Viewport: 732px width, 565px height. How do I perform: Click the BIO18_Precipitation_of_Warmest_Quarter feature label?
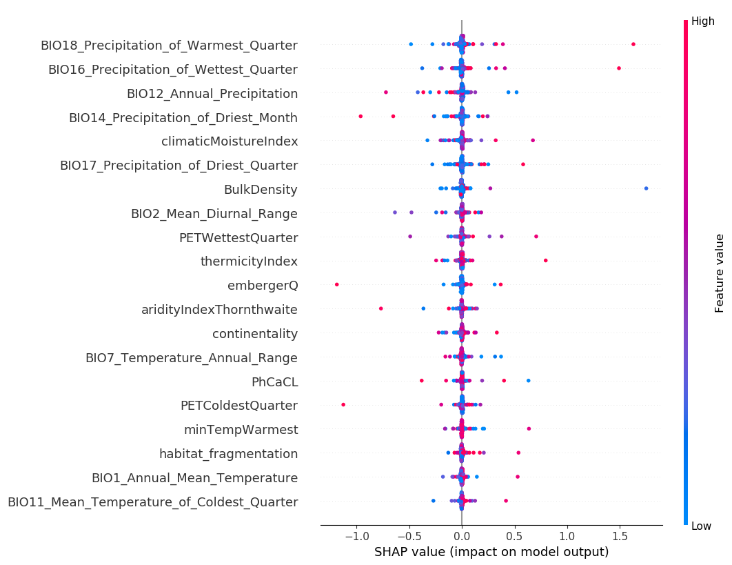(169, 46)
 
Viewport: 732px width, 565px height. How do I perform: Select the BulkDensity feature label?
(261, 190)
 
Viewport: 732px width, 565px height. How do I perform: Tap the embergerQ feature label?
(263, 286)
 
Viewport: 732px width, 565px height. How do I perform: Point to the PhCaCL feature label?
(274, 381)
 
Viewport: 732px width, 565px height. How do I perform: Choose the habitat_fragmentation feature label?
(228, 454)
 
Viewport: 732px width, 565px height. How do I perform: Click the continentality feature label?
(255, 334)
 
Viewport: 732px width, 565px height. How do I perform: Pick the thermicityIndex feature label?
(249, 261)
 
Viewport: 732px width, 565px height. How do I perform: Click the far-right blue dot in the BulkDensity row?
(646, 188)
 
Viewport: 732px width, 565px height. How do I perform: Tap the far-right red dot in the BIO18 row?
(633, 44)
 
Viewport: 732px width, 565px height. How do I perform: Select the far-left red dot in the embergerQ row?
(336, 284)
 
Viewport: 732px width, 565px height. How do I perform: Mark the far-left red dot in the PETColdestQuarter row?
(343, 404)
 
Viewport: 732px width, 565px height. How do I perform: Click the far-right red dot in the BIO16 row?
(619, 68)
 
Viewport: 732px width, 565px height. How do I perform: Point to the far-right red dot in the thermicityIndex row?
(546, 260)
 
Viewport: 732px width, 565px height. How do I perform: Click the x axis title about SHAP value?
(491, 552)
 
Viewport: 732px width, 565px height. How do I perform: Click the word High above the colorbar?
(702, 21)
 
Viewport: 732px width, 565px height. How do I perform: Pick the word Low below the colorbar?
(701, 526)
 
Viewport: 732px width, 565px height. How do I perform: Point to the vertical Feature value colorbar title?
(720, 273)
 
